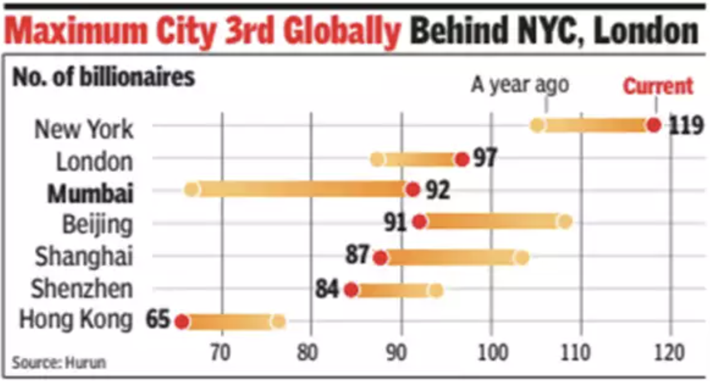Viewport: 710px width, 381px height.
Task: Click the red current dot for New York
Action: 653,125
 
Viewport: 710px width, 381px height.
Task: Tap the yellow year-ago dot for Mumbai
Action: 191,189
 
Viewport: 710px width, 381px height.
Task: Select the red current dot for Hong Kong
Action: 181,321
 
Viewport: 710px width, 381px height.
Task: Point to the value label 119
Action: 686,125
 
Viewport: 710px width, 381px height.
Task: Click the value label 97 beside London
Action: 484,158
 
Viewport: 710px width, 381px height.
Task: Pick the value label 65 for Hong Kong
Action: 158,320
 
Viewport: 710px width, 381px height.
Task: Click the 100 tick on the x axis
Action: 491,353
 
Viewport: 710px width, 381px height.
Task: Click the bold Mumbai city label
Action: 90,193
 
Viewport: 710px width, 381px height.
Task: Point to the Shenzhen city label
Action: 82,289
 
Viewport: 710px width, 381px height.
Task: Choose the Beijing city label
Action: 97,225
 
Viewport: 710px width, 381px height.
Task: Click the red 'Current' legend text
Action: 658,87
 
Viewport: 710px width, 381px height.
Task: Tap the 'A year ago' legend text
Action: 520,85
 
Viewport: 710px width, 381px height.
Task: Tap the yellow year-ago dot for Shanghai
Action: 522,257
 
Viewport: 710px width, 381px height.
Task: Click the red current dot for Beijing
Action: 419,222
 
